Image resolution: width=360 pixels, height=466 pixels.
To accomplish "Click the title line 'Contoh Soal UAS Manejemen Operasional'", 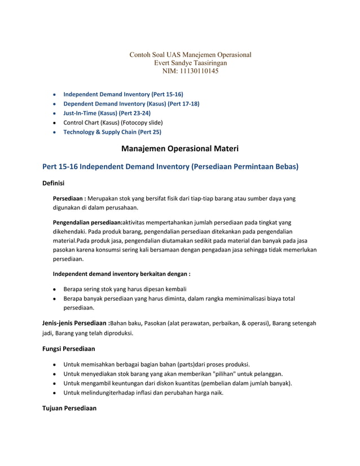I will click(x=190, y=55).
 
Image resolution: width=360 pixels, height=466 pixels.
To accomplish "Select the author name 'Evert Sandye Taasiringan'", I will click(x=190, y=63).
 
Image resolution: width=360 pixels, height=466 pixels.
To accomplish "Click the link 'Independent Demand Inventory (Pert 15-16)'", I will click(x=123, y=94).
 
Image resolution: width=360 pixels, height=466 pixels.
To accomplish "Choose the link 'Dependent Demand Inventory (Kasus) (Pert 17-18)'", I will click(x=131, y=104).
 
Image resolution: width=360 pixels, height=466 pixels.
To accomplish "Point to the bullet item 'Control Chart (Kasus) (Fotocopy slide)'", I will click(x=113, y=122).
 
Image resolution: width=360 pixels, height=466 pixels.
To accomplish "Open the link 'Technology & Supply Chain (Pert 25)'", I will click(x=112, y=132).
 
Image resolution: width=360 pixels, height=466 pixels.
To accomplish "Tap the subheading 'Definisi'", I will click(x=54, y=184).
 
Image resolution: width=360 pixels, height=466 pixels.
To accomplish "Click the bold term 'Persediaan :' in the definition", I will click(x=69, y=199).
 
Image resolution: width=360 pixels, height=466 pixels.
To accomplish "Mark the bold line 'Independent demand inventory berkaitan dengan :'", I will click(x=121, y=274).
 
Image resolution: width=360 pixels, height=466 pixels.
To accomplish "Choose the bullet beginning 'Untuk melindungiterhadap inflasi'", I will click(x=143, y=393).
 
